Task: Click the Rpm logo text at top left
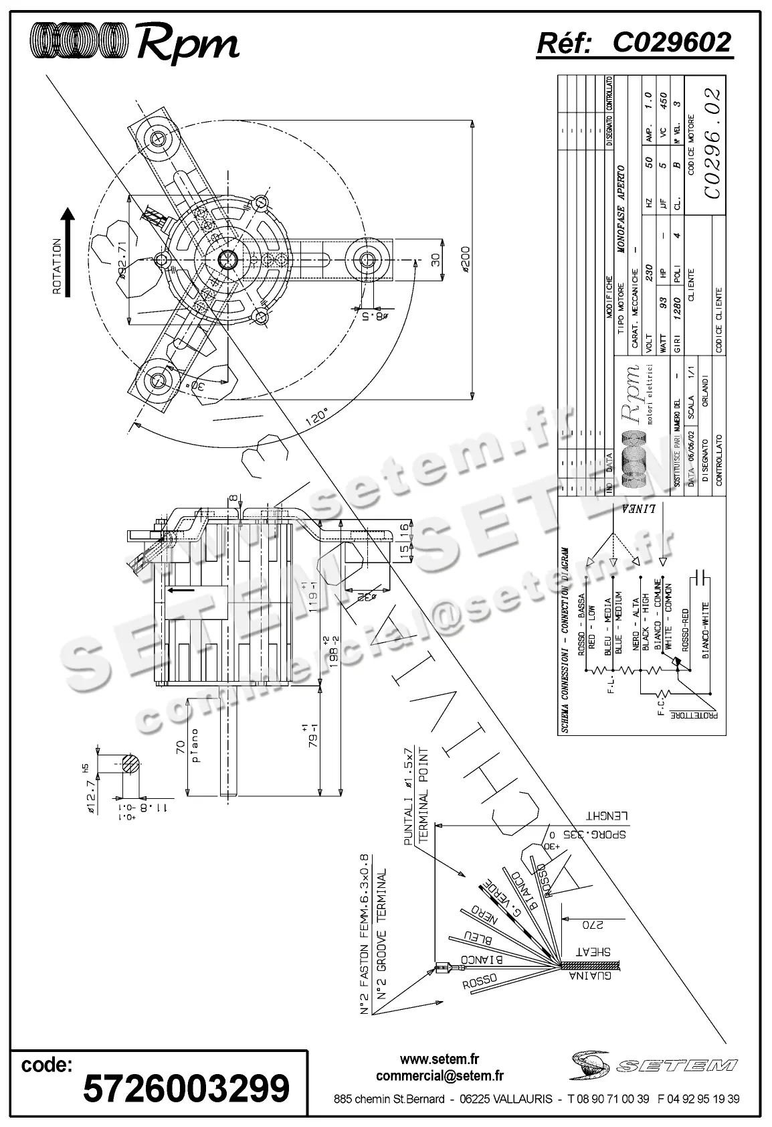click(187, 45)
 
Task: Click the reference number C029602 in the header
click(671, 43)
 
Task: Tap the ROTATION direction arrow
click(68, 252)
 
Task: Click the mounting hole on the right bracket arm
click(367, 259)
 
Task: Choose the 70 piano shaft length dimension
click(180, 746)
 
